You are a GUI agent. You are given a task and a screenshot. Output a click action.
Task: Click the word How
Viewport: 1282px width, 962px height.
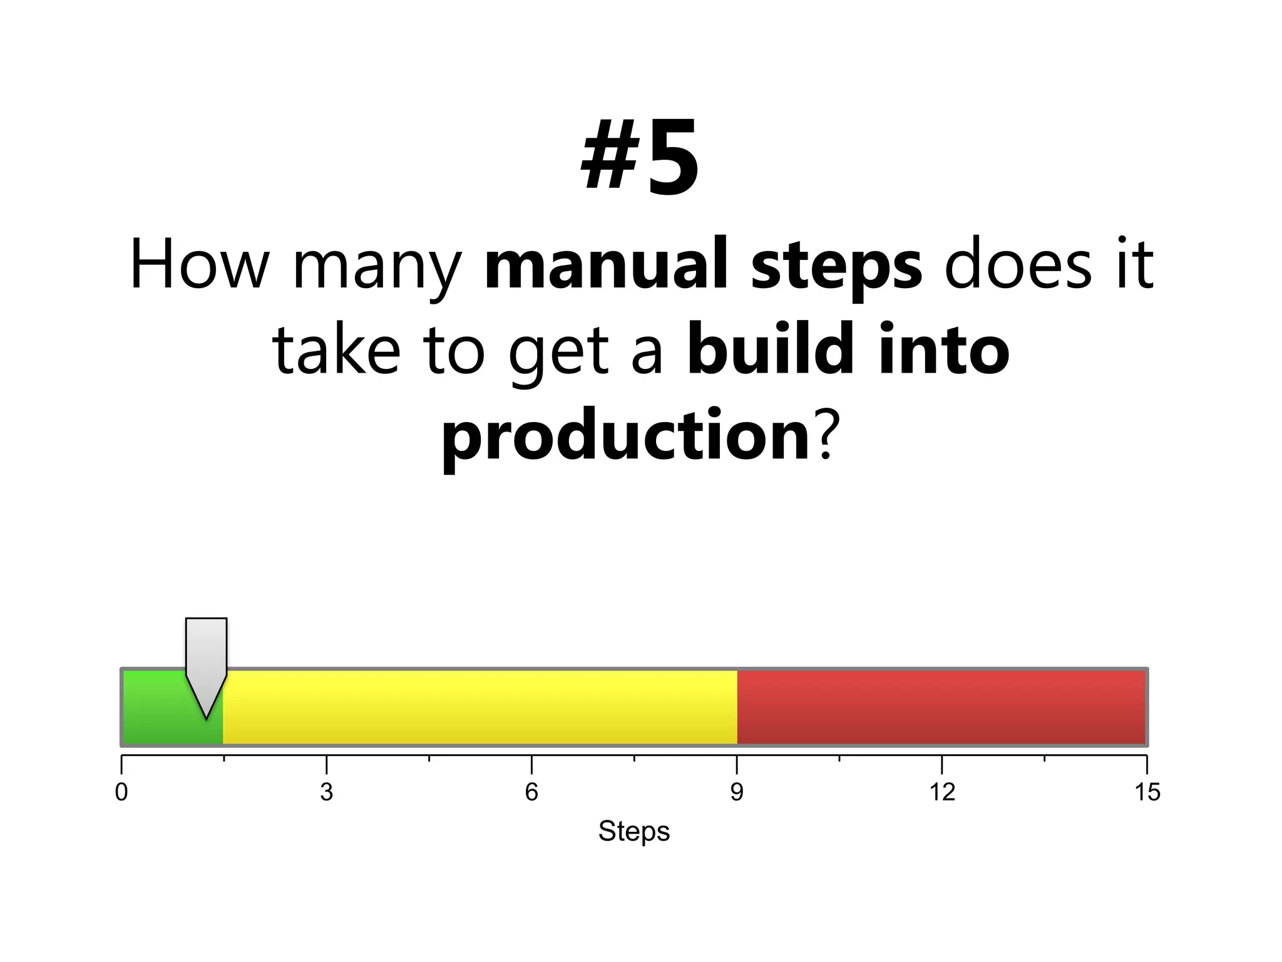199,265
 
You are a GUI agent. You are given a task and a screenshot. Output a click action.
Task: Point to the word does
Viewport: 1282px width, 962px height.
1018,265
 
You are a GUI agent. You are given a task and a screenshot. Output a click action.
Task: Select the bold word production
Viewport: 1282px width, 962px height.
626,437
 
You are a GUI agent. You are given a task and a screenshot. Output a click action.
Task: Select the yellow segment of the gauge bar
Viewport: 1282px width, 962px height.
479,708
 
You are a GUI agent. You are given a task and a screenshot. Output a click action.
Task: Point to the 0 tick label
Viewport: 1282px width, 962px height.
121,792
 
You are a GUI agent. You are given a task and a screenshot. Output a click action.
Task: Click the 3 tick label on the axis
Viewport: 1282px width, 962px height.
326,792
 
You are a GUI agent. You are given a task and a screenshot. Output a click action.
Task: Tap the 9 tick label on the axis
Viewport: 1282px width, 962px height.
737,792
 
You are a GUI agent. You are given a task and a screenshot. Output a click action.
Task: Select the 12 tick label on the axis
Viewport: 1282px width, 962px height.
941,792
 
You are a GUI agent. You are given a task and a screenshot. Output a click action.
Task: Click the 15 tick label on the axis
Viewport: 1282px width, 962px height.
1147,792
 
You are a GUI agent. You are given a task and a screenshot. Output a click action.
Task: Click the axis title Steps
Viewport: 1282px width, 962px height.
633,832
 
